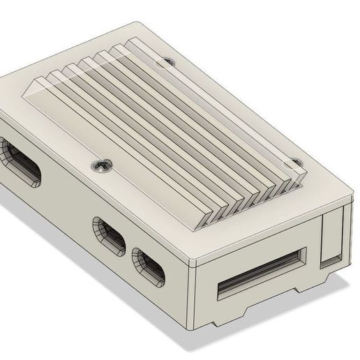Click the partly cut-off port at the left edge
[21, 162]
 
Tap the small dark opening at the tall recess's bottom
[328, 262]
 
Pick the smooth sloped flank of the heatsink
[105, 119]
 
